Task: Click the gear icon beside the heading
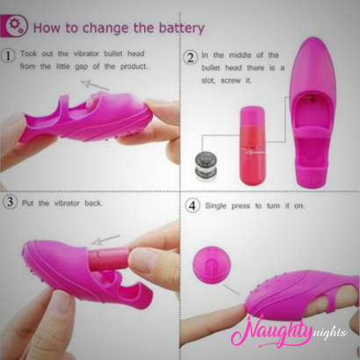[14, 25]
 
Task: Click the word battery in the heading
[182, 28]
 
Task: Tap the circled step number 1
[9, 55]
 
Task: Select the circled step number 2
[191, 57]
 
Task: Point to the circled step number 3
[10, 202]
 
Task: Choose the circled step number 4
[192, 205]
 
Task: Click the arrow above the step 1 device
[95, 85]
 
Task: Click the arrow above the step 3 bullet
[106, 239]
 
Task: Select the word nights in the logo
[329, 333]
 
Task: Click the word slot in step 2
[208, 81]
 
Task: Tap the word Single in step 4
[216, 206]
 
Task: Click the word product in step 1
[133, 67]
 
